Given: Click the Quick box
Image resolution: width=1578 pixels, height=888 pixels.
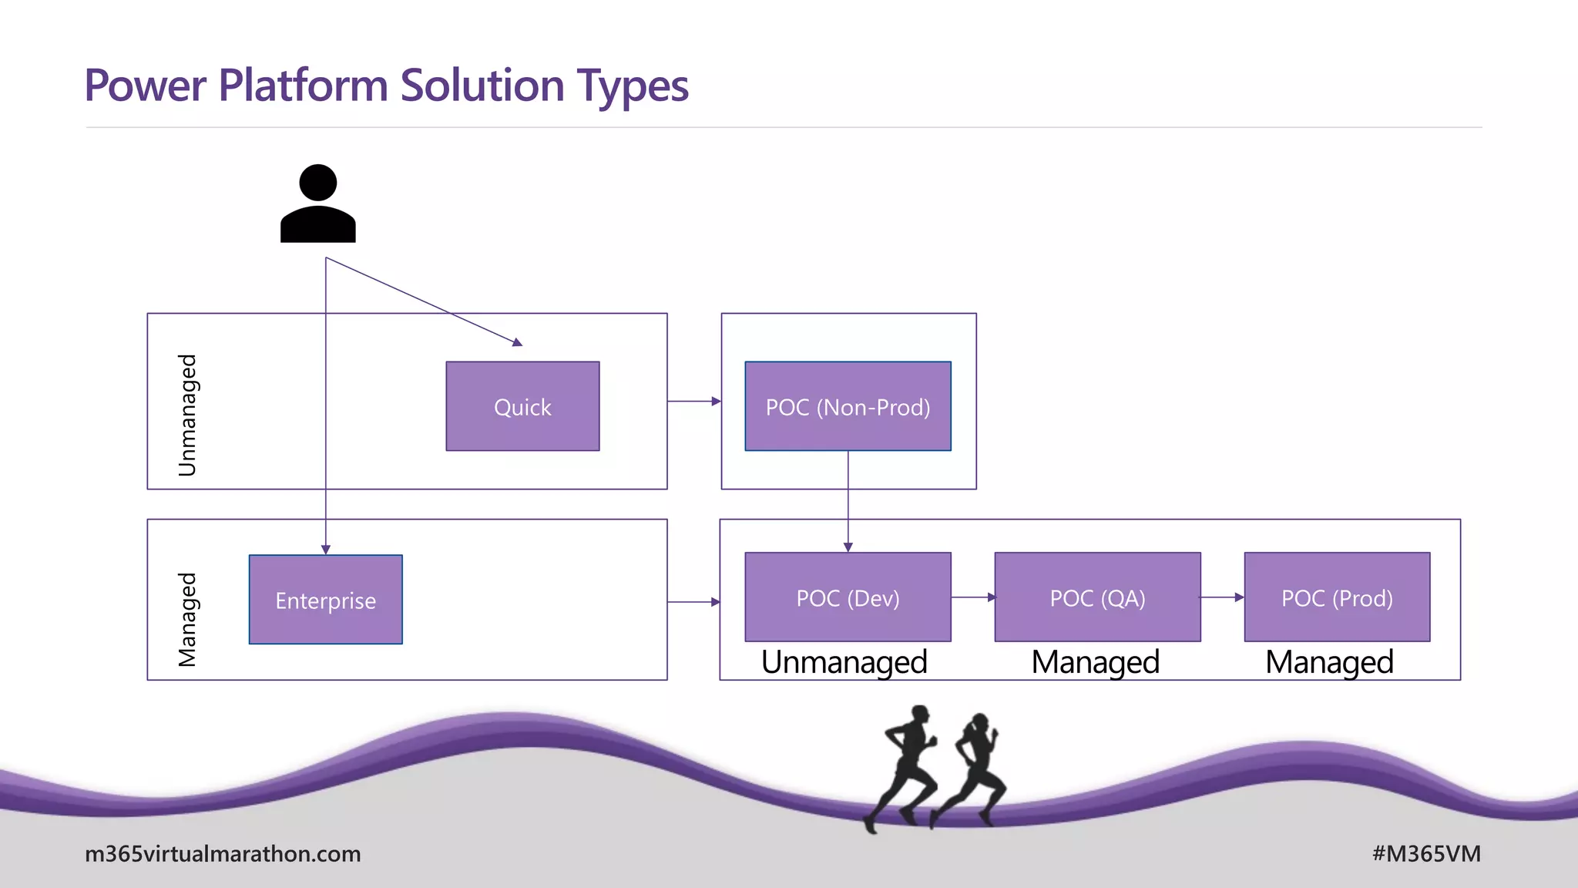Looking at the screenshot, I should pyautogui.click(x=522, y=406).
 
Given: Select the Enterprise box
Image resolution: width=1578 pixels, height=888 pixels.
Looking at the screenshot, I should pyautogui.click(x=325, y=600).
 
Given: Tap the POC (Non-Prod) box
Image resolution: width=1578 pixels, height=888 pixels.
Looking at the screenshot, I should pyautogui.click(x=848, y=406).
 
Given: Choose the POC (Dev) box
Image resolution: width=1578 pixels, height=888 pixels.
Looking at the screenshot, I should pyautogui.click(x=848, y=597).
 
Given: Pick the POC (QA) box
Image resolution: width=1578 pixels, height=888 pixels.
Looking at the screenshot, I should pyautogui.click(x=1097, y=597).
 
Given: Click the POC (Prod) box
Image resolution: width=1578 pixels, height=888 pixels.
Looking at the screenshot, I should pyautogui.click(x=1337, y=597).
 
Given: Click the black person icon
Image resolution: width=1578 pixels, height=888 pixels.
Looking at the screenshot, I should pyautogui.click(x=317, y=203).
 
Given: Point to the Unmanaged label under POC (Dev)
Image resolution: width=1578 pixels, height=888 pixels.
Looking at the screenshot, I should pyautogui.click(x=844, y=662).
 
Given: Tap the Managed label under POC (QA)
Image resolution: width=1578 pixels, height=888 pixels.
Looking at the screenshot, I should pyautogui.click(x=1095, y=662).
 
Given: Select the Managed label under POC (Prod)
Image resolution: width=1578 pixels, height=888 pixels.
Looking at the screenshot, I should pyautogui.click(x=1329, y=662).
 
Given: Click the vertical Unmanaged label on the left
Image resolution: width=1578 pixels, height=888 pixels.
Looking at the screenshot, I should pyautogui.click(x=187, y=415).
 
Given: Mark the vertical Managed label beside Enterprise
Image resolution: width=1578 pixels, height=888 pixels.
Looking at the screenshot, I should pyautogui.click(x=187, y=619).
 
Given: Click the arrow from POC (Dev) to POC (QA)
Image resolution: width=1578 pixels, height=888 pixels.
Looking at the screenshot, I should pyautogui.click(x=973, y=597).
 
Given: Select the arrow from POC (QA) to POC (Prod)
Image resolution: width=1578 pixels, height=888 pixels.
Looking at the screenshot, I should pyautogui.click(x=1223, y=597).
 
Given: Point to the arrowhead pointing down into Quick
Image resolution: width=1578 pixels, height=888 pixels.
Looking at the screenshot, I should pyautogui.click(x=518, y=342).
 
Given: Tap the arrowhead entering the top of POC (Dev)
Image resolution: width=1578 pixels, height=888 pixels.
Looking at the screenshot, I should pyautogui.click(x=848, y=547).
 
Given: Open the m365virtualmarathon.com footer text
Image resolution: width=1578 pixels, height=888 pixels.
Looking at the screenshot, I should pyautogui.click(x=223, y=854).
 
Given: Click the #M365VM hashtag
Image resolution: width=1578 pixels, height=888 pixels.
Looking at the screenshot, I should pyautogui.click(x=1426, y=854).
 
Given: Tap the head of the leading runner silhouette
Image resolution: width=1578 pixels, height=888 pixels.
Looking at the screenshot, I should pyautogui.click(x=980, y=722).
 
